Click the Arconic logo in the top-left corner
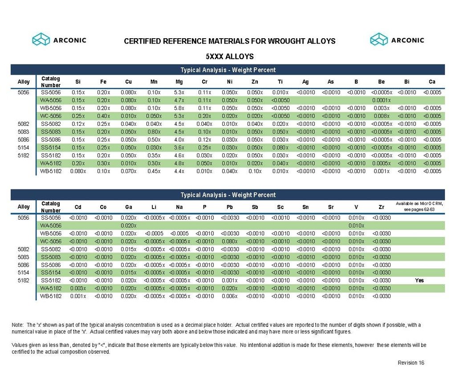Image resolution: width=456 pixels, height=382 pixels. point(59,40)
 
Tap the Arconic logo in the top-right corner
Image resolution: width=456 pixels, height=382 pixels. point(397,40)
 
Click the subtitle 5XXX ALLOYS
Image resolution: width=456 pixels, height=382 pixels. point(229,56)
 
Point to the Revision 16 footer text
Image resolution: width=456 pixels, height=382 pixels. point(411,363)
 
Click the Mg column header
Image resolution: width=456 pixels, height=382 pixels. point(179,82)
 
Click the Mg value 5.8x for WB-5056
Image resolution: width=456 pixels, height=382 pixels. point(179,108)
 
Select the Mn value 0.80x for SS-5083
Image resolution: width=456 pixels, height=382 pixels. point(154,132)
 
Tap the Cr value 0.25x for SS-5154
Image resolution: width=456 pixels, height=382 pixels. point(204,147)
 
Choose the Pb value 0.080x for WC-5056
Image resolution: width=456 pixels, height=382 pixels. point(230,241)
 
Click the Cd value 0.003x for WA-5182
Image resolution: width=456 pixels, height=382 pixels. point(78,288)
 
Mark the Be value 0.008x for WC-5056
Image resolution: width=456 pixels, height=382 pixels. point(382,116)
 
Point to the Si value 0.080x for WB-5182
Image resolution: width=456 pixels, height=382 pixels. point(78,171)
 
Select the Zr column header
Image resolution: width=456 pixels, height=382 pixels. point(382,207)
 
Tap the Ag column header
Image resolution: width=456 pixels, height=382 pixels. point(305,82)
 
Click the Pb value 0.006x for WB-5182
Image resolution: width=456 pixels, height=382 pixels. point(230,296)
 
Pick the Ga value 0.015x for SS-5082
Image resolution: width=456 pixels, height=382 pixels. point(128,249)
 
